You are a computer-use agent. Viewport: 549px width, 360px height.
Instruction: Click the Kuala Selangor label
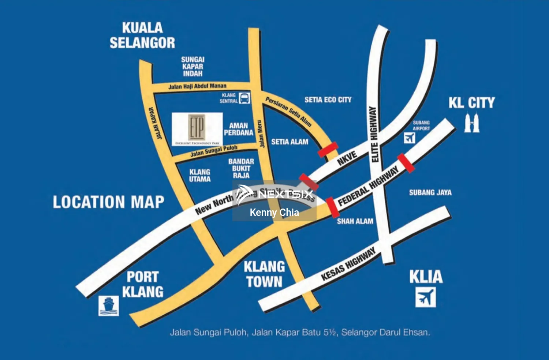click(x=142, y=35)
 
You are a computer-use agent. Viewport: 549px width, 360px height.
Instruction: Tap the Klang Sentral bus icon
click(x=244, y=98)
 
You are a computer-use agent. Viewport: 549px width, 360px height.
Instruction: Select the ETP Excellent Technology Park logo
click(x=197, y=129)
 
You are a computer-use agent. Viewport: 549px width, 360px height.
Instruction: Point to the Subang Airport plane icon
click(x=410, y=138)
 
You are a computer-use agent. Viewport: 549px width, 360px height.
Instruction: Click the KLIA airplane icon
click(x=425, y=297)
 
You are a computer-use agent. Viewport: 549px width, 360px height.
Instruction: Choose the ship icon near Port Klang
click(x=109, y=305)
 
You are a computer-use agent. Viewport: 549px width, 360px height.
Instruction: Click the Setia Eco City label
click(x=328, y=100)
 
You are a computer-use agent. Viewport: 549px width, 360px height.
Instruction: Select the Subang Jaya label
click(x=430, y=192)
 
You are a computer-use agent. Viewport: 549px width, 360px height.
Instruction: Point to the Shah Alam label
click(x=355, y=221)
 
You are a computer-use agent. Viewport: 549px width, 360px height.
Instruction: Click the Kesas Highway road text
click(x=348, y=264)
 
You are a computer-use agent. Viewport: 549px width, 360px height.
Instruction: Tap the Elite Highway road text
click(x=374, y=134)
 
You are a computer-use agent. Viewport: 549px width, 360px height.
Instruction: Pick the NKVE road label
click(x=347, y=158)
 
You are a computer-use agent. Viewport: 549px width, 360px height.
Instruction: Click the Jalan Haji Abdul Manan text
click(x=197, y=86)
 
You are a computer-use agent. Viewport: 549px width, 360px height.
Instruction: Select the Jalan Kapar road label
click(x=155, y=123)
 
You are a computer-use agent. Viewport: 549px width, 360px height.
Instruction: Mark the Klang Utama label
click(x=199, y=176)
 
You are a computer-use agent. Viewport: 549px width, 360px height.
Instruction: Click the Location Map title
click(x=108, y=202)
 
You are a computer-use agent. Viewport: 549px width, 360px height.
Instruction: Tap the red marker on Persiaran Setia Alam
click(x=328, y=150)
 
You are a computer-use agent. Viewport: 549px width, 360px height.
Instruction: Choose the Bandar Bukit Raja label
click(x=241, y=168)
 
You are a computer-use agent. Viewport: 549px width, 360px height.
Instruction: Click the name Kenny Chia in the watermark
click(x=274, y=213)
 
